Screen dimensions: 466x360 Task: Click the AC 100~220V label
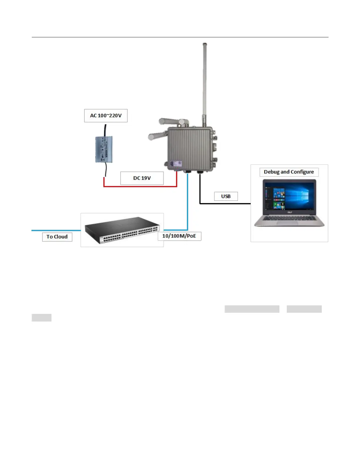coord(106,116)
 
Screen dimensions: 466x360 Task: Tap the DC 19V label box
coord(142,178)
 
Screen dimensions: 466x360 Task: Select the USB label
coord(226,196)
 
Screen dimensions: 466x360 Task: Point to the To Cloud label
coord(57,237)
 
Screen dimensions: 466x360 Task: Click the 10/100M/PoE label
coord(179,236)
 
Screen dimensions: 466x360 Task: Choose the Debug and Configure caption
coord(289,172)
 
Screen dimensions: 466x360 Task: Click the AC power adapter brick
coord(104,149)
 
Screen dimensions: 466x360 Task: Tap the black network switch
coord(122,230)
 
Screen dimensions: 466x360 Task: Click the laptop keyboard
coord(289,218)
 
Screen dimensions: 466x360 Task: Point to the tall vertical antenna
coord(204,82)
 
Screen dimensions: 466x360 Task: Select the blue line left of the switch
coord(56,230)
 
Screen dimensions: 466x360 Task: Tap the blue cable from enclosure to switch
coord(187,203)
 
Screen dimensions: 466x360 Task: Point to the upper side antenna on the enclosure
coord(169,121)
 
